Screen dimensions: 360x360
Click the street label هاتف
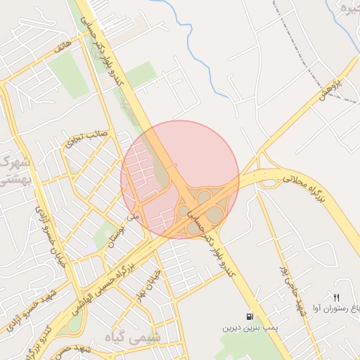coord(61,51)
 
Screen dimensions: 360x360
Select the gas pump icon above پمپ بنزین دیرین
coord(250,316)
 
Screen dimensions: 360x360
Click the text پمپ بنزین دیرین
coord(251,328)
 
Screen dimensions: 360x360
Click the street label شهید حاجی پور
coord(292,289)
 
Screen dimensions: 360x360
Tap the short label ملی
coord(133,218)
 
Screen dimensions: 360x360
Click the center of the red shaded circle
coord(180,179)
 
